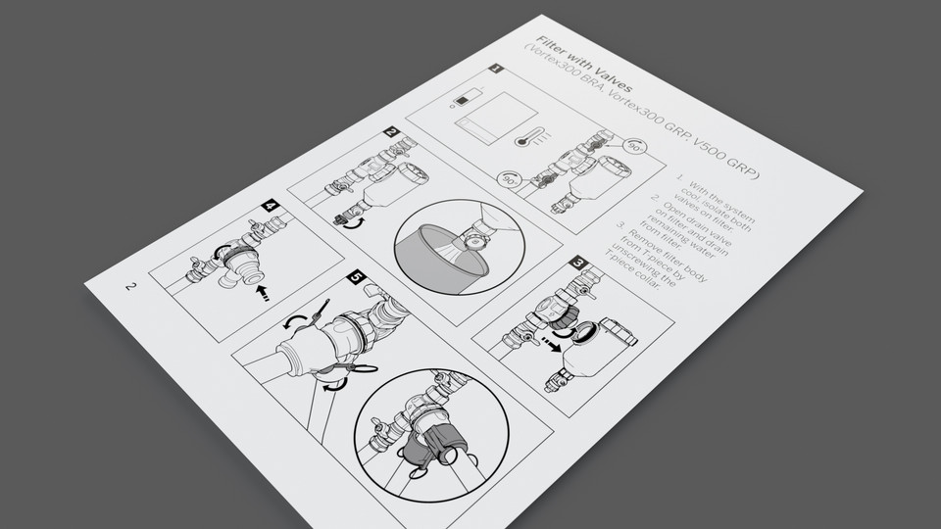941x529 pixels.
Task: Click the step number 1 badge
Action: click(x=496, y=71)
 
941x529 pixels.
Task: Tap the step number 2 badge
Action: click(x=390, y=132)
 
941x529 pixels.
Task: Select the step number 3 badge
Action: click(x=579, y=263)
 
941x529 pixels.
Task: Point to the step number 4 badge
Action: click(x=270, y=207)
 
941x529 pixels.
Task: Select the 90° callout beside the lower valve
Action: click(x=509, y=179)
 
